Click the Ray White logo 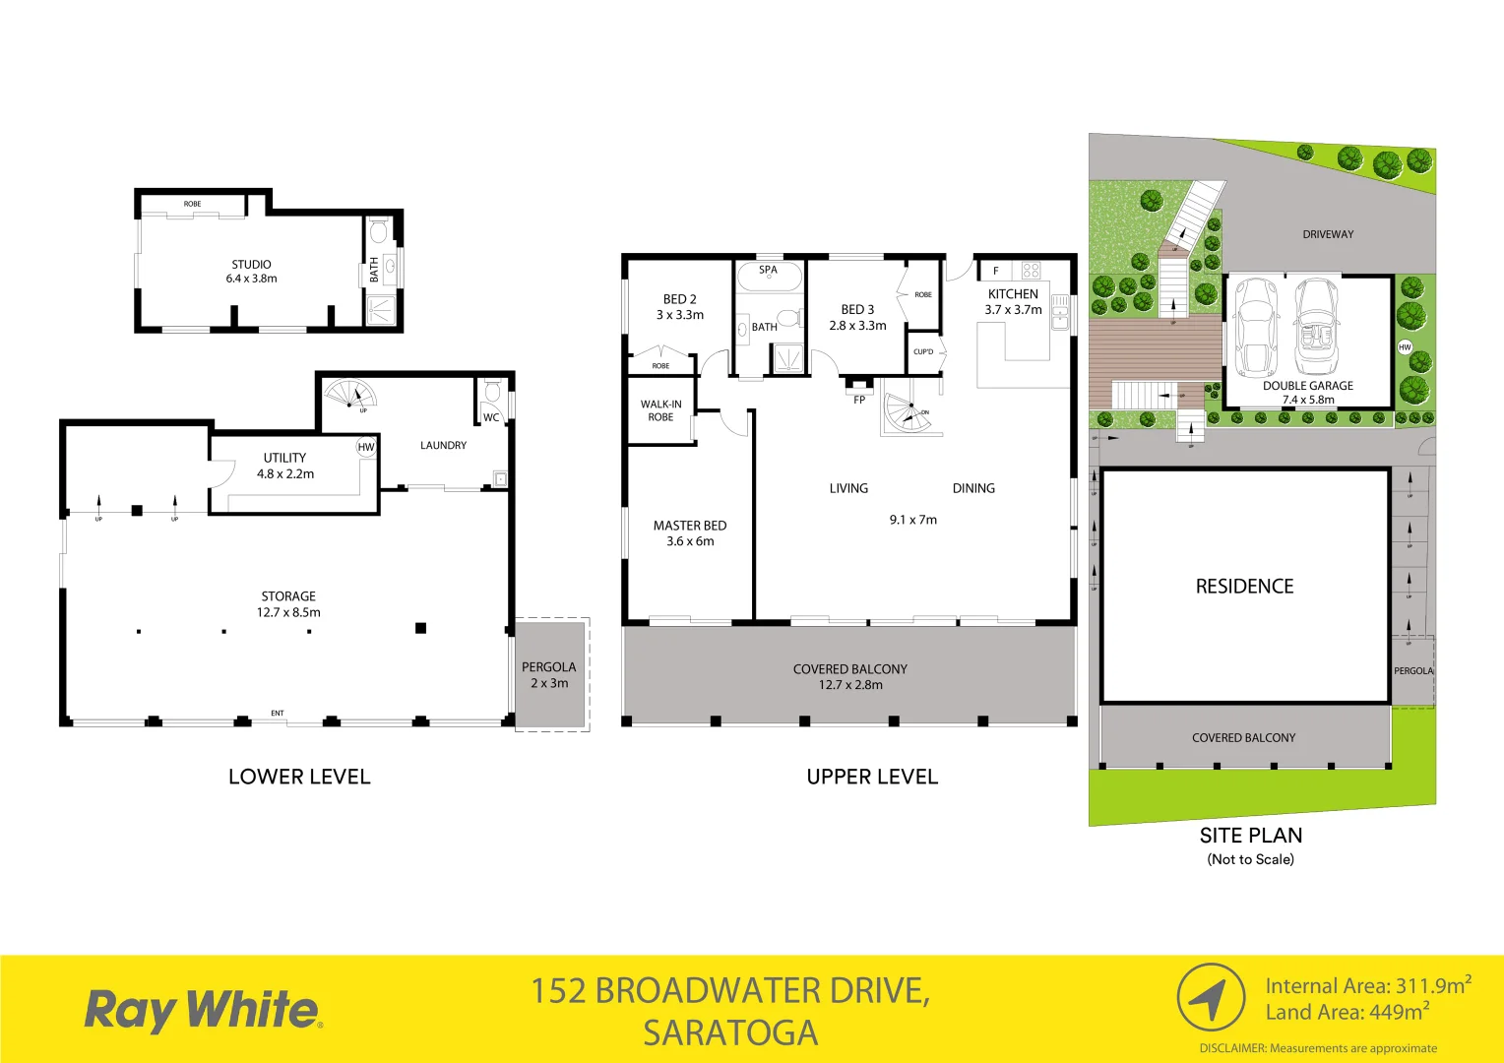203,1010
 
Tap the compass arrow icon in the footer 1211,998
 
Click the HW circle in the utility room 366,447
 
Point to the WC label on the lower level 491,417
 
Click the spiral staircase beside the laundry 350,396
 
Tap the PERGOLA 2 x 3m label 549,675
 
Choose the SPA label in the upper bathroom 768,270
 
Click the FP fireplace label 859,400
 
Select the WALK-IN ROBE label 660,410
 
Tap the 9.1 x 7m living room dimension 913,520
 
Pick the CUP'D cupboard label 923,351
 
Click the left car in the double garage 1254,328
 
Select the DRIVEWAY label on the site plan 1328,234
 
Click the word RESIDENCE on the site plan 1244,587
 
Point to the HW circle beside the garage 1405,346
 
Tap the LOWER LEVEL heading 299,777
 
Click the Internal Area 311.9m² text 1368,985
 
